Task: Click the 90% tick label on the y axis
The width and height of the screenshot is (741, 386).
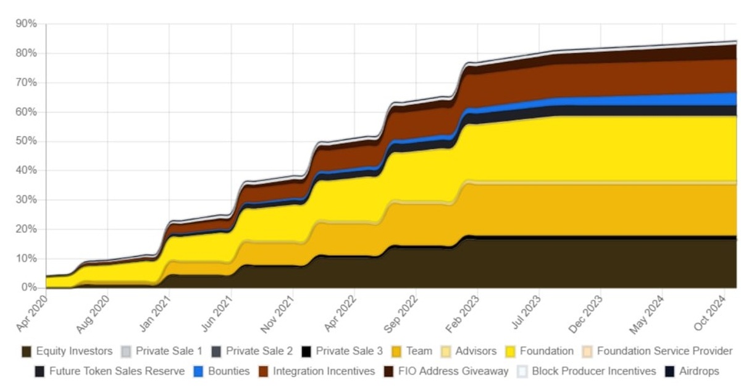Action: [x=27, y=24]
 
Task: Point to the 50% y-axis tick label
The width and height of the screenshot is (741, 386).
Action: [x=27, y=141]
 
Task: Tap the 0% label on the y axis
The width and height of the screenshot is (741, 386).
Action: [x=29, y=288]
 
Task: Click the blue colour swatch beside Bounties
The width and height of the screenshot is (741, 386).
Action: [x=198, y=371]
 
